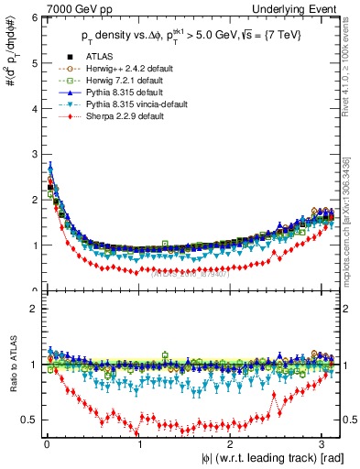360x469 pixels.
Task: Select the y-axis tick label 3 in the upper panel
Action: [33, 154]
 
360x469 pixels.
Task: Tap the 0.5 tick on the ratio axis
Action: [29, 420]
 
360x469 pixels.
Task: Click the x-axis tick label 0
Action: [46, 445]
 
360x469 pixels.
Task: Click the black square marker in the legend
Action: [52, 57]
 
